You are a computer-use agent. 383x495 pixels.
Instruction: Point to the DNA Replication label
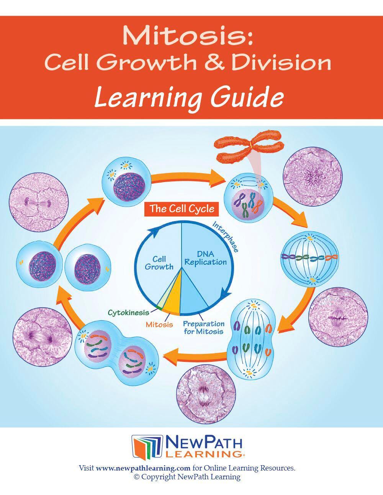(x=206, y=258)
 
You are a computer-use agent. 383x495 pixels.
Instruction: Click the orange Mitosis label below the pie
(x=159, y=324)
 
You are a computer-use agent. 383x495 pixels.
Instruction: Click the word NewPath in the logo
(x=203, y=443)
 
